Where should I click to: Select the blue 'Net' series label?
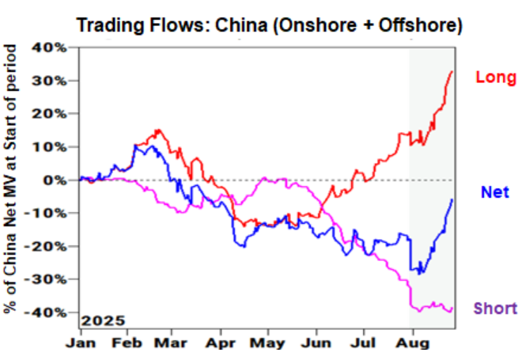pyautogui.click(x=494, y=191)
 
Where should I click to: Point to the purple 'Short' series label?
pyautogui.click(x=495, y=309)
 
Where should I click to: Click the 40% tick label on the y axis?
pyautogui.click(x=53, y=47)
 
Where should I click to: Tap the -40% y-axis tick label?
pyautogui.click(x=51, y=313)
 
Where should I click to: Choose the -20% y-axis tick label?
pyautogui.click(x=51, y=246)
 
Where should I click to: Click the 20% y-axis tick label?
pyautogui.click(x=53, y=114)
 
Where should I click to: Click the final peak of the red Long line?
pyautogui.click(x=452, y=72)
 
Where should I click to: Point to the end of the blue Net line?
pyautogui.click(x=452, y=199)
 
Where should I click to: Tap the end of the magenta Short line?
pyautogui.click(x=452, y=309)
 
